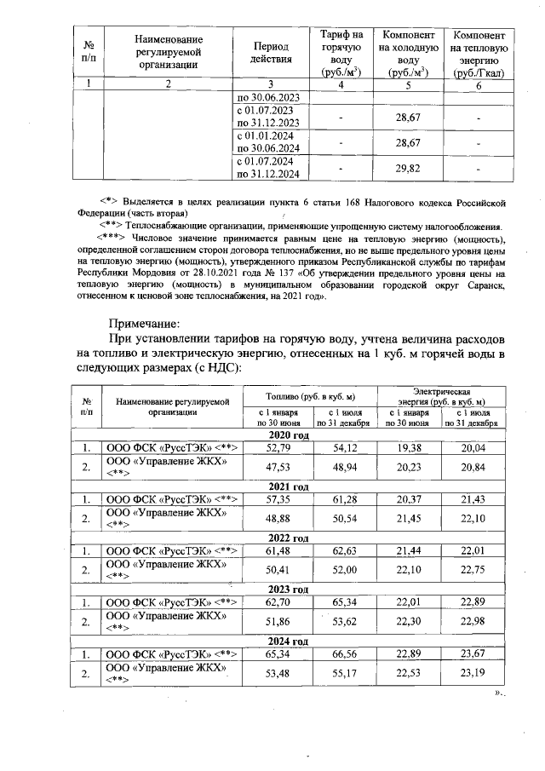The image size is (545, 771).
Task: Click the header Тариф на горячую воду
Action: tap(341, 52)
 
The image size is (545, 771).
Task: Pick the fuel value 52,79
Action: tap(278, 447)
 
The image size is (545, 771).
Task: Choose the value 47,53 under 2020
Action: tap(278, 467)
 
